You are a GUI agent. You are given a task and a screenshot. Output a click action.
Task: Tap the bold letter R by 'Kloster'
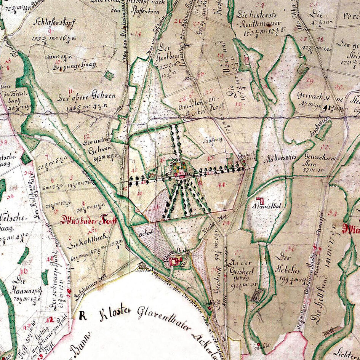pos(83,315)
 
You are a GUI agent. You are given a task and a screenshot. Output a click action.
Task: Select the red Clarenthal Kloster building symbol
pos(176,261)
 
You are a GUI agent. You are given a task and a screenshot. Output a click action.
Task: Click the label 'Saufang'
pos(216,139)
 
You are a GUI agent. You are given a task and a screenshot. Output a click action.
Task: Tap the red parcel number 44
pos(222,184)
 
